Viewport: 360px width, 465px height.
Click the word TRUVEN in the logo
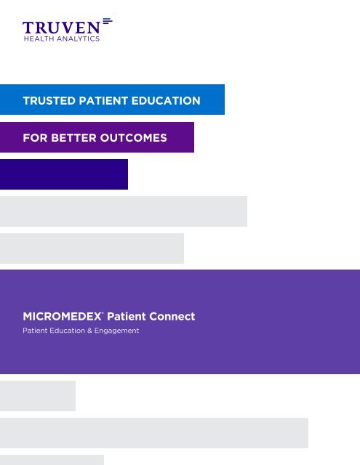62,28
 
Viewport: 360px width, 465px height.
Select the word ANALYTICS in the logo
79,39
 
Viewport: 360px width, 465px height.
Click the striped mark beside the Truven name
108,22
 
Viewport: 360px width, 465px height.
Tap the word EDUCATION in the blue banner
169,100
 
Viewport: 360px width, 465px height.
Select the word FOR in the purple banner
33,137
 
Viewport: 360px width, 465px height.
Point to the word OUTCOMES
135,137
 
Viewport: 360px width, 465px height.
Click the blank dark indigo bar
64,174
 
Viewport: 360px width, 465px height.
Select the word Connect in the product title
172,317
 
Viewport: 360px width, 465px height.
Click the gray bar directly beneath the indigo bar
124,211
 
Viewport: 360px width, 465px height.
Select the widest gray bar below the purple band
154,433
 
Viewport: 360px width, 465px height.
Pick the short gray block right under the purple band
38,396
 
